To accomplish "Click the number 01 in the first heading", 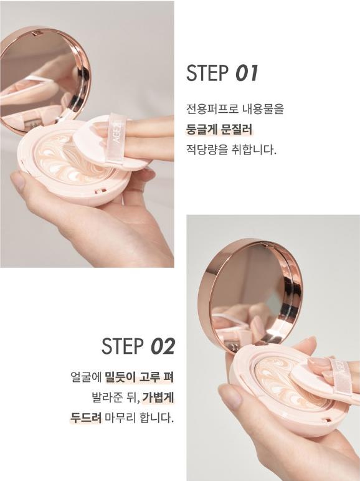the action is pyautogui.click(x=247, y=73).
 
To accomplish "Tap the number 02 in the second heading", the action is pyautogui.click(x=163, y=346).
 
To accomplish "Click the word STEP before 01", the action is pyautogui.click(x=207, y=73).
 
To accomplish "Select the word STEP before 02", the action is pyautogui.click(x=123, y=346).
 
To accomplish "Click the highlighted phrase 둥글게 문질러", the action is pyautogui.click(x=219, y=129).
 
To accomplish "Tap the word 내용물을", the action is pyautogui.click(x=263, y=109).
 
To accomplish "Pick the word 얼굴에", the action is pyautogui.click(x=86, y=377).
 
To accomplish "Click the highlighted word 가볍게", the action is pyautogui.click(x=158, y=398).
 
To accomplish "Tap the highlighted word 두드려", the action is pyautogui.click(x=86, y=417).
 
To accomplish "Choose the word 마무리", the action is pyautogui.click(x=120, y=417).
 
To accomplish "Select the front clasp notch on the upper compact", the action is pyautogui.click(x=101, y=191).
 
